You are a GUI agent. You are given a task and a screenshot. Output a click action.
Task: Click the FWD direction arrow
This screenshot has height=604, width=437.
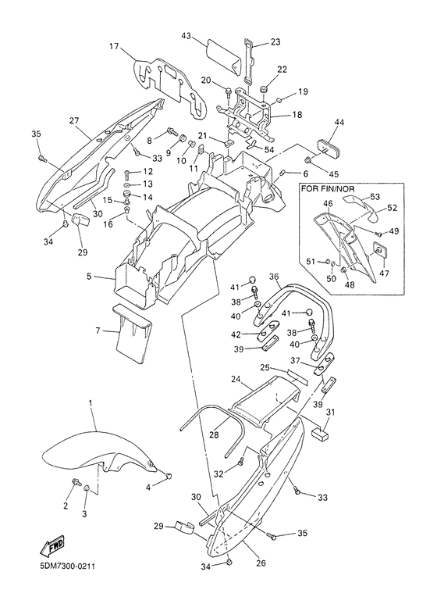[x=52, y=546]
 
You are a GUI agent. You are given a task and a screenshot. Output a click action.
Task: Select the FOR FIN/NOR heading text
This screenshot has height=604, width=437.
[x=328, y=189]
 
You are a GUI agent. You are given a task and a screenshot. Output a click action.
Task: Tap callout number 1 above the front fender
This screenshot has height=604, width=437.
[x=91, y=403]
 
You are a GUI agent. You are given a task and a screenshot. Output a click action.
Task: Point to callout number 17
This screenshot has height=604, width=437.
[x=113, y=48]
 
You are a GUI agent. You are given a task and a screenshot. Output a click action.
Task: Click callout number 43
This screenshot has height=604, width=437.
[x=186, y=35]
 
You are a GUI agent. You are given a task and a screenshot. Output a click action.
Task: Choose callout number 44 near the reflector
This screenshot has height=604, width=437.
[x=339, y=123]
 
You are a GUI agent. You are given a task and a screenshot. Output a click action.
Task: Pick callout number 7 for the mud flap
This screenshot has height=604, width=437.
[x=98, y=331]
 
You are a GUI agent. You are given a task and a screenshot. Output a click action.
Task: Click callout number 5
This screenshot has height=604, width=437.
[x=89, y=277]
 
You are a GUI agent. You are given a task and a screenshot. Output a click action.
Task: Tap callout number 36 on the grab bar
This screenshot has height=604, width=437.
[x=273, y=277]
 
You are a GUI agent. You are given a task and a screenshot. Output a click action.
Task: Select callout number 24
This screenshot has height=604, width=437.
[x=236, y=380]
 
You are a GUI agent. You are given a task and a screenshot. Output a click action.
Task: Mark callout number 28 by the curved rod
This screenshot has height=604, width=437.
[x=214, y=434]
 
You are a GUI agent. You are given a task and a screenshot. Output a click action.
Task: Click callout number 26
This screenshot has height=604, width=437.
[x=261, y=563]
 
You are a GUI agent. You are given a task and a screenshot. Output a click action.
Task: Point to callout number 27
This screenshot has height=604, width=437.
[x=74, y=120]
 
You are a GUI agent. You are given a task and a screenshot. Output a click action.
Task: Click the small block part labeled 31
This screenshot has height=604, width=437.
[x=321, y=434]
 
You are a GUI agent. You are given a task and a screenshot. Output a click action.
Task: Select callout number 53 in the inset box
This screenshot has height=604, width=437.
[x=375, y=197]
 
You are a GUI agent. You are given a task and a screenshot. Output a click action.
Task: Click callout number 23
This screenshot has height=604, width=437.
[x=275, y=41]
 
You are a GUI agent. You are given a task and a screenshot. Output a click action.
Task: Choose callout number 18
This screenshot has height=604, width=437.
[x=297, y=115]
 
